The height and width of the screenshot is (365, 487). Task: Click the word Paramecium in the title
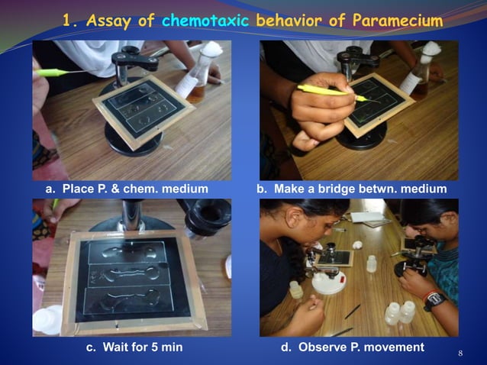pyautogui.click(x=395, y=21)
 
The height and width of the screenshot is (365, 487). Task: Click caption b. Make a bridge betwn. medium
pyautogui.click(x=352, y=189)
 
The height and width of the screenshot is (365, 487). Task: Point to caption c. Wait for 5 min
pyautogui.click(x=132, y=347)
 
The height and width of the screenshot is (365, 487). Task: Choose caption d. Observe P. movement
pyautogui.click(x=353, y=347)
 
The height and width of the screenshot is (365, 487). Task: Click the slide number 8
pyautogui.click(x=460, y=353)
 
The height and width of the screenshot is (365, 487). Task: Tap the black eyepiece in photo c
pyautogui.click(x=208, y=218)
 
